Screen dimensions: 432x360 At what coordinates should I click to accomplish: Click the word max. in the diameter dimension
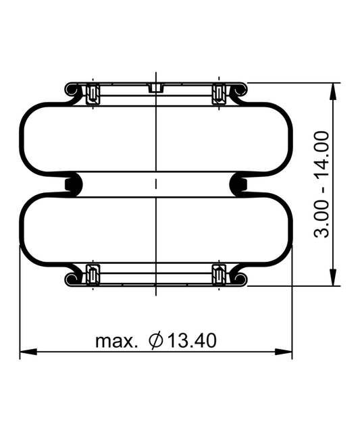coord(116,341)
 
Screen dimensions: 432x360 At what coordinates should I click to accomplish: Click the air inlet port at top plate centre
coord(156,88)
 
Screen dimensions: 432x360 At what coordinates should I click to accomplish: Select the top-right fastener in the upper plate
coord(218,92)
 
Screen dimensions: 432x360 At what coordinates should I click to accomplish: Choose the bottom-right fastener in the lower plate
coord(218,275)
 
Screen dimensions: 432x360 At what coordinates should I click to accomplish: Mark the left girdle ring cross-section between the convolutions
coord(70,184)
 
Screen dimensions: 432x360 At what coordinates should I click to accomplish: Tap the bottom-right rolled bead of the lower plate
coord(240,277)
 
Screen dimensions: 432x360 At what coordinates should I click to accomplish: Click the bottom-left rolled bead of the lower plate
coord(72,277)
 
